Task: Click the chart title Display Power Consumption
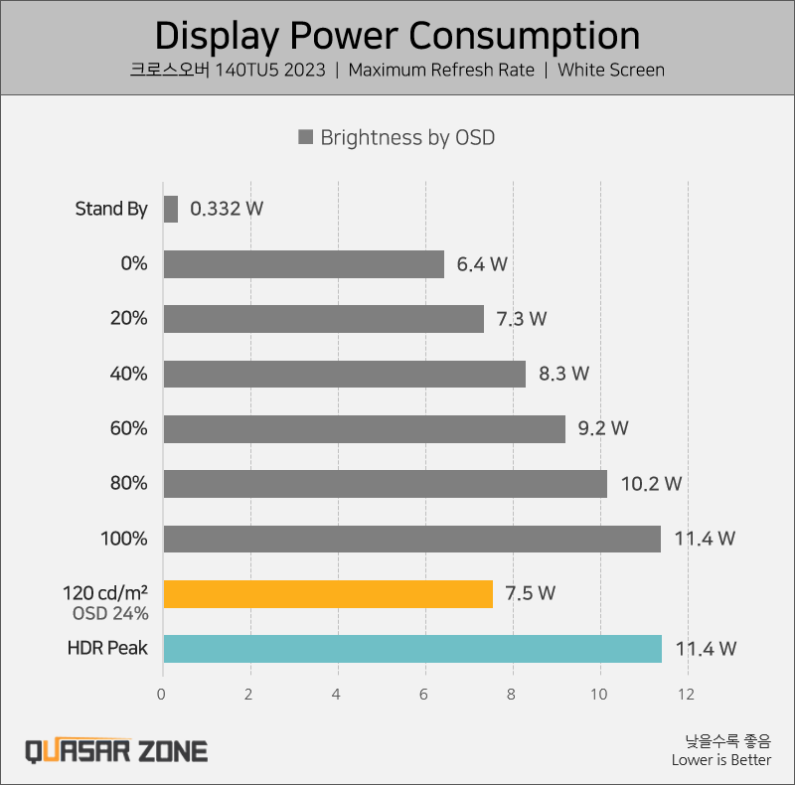point(397,36)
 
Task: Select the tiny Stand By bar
point(170,209)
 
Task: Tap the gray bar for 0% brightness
point(303,264)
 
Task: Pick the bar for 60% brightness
point(364,428)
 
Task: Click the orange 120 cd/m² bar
point(328,593)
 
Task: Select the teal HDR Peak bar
point(411,649)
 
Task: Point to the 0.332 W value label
point(227,209)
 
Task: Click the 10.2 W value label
point(651,484)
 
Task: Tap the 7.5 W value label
point(530,593)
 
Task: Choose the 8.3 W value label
point(563,374)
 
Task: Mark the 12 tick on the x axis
point(685,695)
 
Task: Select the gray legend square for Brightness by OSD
point(306,138)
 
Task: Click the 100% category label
point(124,539)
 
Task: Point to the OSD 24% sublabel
point(110,613)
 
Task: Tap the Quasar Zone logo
point(116,750)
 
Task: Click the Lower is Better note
point(720,760)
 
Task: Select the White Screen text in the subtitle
point(611,70)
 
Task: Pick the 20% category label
point(129,319)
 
